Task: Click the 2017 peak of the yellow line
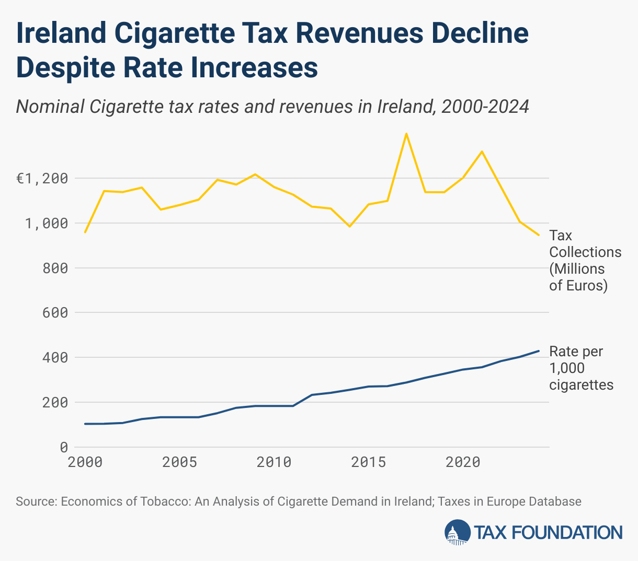pos(406,134)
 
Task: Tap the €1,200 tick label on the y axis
pos(42,179)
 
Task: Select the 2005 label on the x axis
pos(179,462)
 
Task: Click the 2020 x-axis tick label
pos(463,462)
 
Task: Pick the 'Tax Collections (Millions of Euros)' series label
pos(585,261)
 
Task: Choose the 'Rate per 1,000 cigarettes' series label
pos(580,368)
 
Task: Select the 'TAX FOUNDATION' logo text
pos(548,533)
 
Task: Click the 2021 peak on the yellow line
pos(482,151)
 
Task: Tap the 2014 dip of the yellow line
pos(349,226)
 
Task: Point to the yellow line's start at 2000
pos(85,232)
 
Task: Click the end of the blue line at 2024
pos(539,350)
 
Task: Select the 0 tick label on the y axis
pos(64,448)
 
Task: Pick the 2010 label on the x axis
pos(274,462)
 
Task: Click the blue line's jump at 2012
pos(312,395)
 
